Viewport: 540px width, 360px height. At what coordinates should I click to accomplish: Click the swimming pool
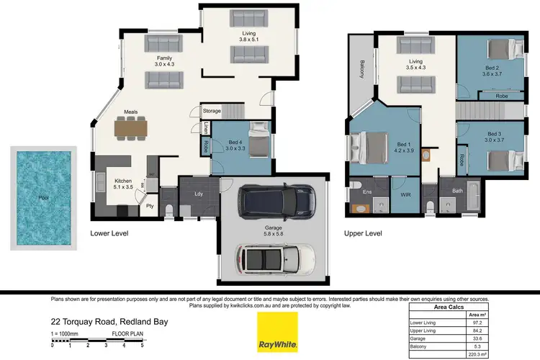coord(43,198)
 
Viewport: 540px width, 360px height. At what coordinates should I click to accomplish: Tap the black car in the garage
coord(276,203)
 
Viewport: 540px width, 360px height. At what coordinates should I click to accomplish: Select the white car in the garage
coord(276,256)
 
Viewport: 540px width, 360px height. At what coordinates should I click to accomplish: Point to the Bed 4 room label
coord(226,143)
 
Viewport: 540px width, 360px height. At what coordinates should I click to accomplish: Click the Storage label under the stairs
coord(212,111)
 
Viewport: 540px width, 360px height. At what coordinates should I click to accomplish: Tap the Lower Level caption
coord(109,234)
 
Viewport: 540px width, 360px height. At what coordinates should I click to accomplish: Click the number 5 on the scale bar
coord(142,346)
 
